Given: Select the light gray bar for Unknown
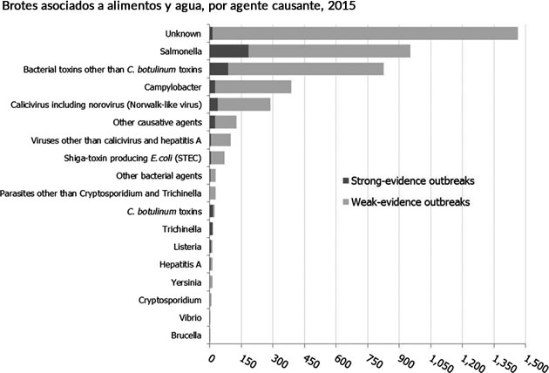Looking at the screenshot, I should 366,33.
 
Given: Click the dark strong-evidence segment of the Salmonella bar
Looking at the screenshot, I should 229,51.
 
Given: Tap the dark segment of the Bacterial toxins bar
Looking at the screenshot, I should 219,69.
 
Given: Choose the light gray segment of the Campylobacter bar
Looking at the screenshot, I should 253,87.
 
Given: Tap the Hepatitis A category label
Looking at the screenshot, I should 180,264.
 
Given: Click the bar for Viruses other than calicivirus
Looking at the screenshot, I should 220,140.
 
